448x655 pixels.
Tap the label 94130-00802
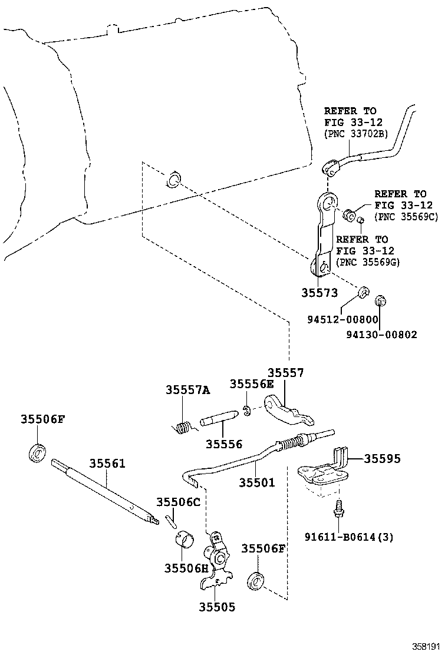pos(381,334)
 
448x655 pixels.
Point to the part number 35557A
pos(187,390)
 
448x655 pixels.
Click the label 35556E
pos(252,384)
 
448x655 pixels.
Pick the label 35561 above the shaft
pos(107,463)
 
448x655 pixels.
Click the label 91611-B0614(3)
pos(349,537)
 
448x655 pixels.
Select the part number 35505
pos(216,607)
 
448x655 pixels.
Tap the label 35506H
pos(186,568)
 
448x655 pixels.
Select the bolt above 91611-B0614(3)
pos(339,508)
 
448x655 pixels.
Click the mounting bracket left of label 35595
pos(321,474)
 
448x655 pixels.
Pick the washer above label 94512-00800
pos(364,292)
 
